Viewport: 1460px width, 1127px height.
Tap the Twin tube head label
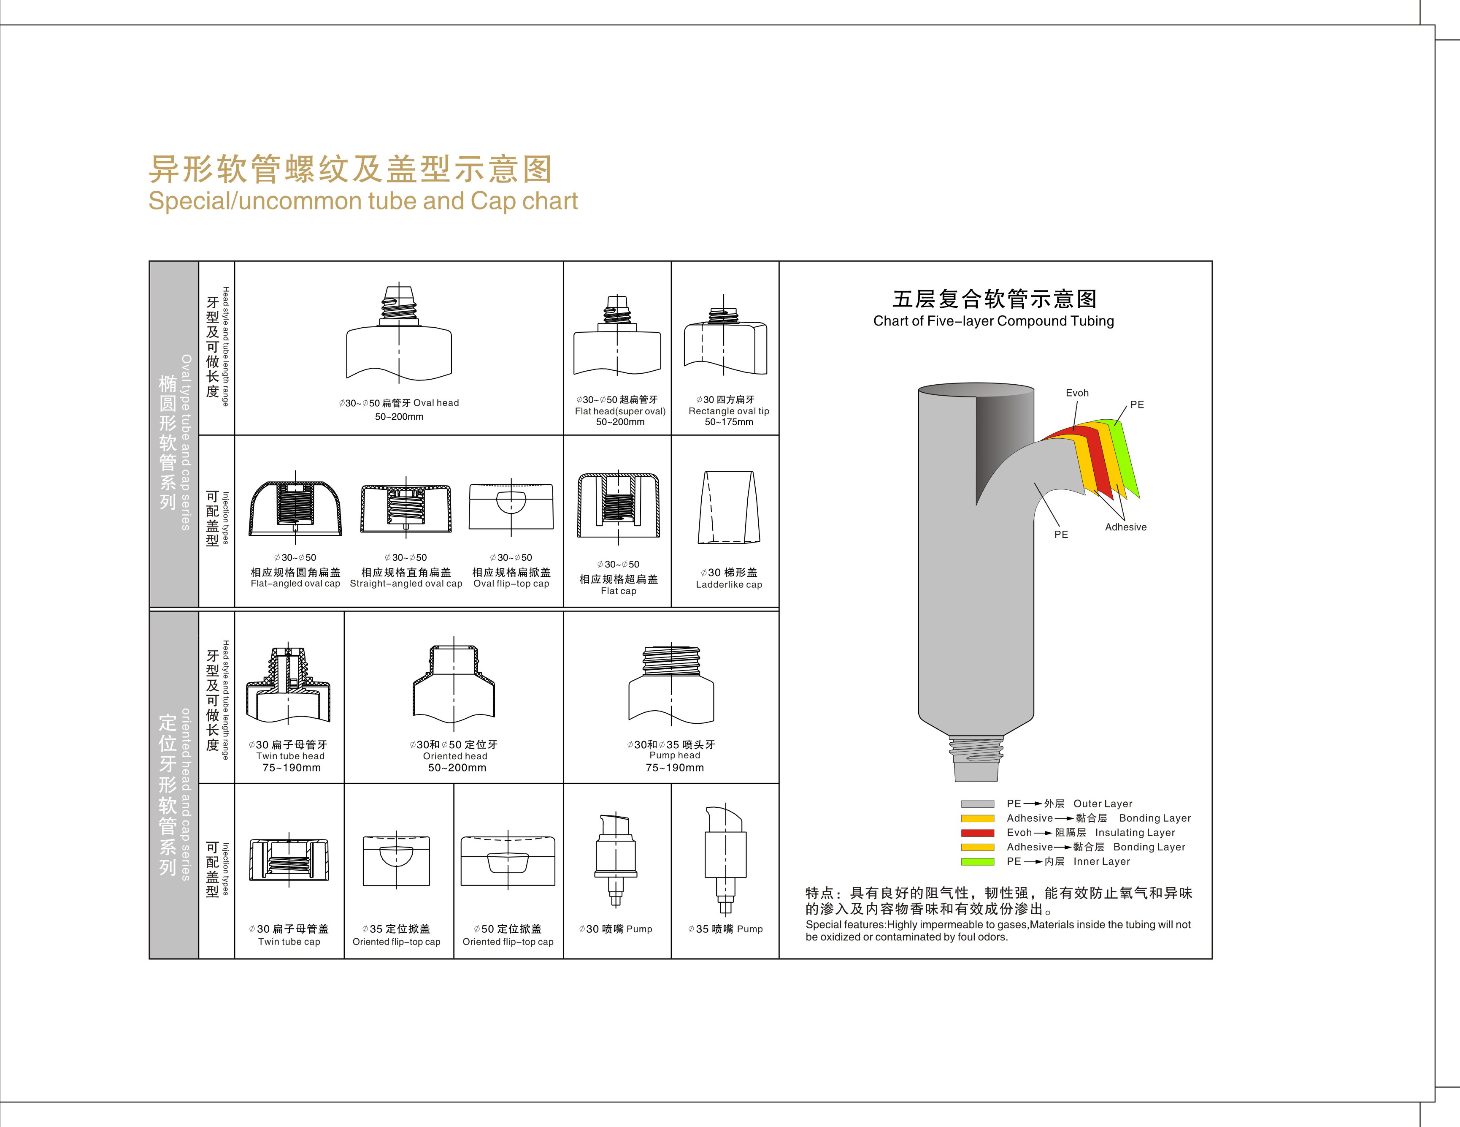pyautogui.click(x=290, y=756)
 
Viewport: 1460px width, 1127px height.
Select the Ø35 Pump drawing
pyautogui.click(x=725, y=859)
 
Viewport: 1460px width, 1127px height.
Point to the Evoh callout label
pyautogui.click(x=1077, y=393)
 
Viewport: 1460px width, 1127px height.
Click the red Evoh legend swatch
pyautogui.click(x=977, y=833)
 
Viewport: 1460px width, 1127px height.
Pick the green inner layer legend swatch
pyautogui.click(x=977, y=861)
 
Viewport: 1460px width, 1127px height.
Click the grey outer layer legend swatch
pyautogui.click(x=977, y=804)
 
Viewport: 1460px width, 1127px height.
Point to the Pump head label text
pyautogui.click(x=675, y=755)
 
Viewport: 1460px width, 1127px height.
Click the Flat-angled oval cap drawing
pyautogui.click(x=295, y=508)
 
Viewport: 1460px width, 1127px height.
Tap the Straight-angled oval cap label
pyautogui.click(x=406, y=583)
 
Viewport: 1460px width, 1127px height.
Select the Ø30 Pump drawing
pyautogui.click(x=616, y=859)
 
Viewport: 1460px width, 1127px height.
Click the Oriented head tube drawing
pyautogui.click(x=454, y=686)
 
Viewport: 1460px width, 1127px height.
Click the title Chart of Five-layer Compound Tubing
pyautogui.click(x=993, y=321)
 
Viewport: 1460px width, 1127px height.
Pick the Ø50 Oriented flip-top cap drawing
pyautogui.click(x=508, y=861)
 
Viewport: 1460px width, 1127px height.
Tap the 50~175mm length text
pyautogui.click(x=729, y=422)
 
